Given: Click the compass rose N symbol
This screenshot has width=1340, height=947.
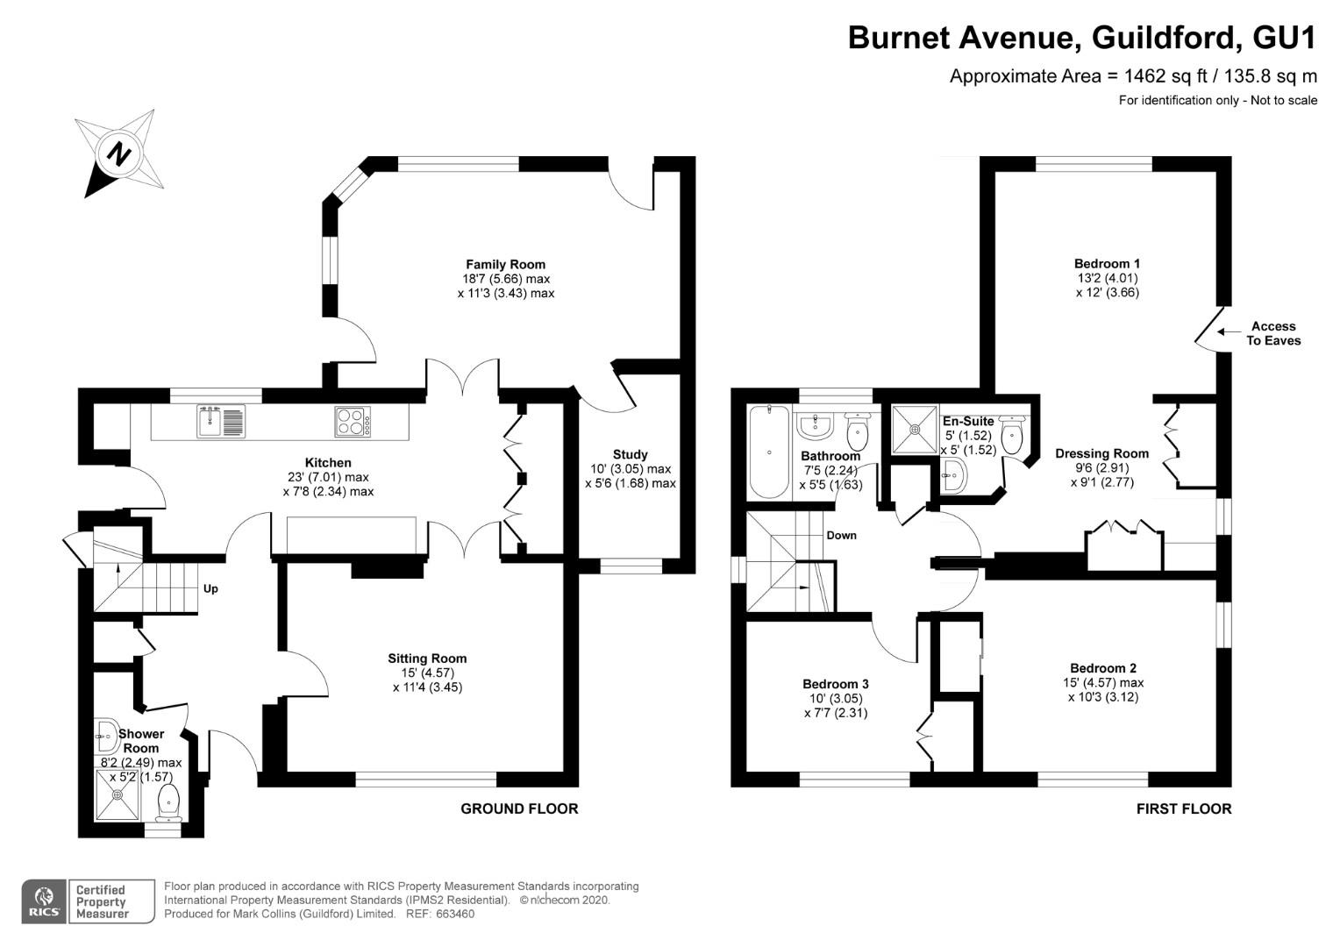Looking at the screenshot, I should coord(118,155).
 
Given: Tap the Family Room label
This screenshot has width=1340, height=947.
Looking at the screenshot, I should coord(505,264).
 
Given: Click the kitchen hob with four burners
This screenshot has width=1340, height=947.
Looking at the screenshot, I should coord(353,422).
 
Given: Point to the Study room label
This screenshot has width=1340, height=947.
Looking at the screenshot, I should coord(630,454).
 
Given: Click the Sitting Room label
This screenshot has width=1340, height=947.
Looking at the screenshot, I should coord(427,659).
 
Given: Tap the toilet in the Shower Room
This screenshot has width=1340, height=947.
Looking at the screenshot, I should coord(168,801).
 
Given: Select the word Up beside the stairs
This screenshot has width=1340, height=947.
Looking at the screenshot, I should coord(210,589).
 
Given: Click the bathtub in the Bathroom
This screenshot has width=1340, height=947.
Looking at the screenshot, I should coord(769,452).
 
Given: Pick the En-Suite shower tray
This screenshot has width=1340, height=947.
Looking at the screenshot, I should coord(915,430).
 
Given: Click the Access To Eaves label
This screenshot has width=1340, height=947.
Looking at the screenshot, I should coord(1273,333).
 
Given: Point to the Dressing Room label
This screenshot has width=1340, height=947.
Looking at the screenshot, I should coord(1101,453).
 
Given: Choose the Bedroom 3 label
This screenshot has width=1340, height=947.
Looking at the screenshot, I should coord(835,684).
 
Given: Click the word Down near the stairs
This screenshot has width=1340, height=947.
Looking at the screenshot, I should coord(841,536).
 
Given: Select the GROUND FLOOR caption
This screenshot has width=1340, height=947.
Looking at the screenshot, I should coord(519,808).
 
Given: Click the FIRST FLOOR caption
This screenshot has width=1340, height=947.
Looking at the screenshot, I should coord(1183,808).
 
